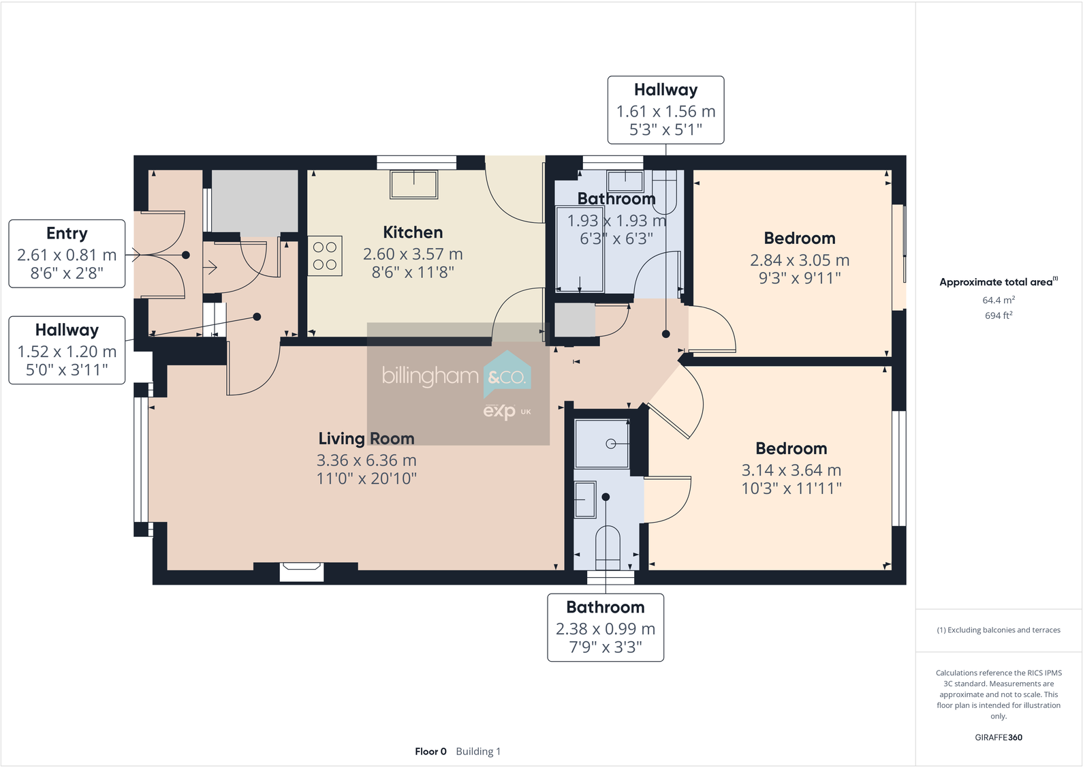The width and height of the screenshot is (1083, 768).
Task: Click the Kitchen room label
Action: [x=413, y=232]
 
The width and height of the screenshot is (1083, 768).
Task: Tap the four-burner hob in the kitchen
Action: [x=325, y=256]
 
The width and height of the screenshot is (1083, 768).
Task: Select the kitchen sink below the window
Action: [x=413, y=184]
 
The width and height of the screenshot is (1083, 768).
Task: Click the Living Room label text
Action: [x=366, y=439]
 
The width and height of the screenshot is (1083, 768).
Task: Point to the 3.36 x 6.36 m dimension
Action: [x=366, y=461]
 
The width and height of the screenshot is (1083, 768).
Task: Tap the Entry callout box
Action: [x=67, y=254]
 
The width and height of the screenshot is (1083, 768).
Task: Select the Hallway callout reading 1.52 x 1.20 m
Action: [x=67, y=350]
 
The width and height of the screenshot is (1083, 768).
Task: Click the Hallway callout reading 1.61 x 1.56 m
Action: [x=665, y=110]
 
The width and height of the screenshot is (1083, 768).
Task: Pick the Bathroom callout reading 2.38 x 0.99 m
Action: [x=605, y=628]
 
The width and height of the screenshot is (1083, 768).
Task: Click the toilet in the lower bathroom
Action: [x=608, y=547]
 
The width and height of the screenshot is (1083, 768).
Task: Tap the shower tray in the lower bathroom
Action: [x=602, y=444]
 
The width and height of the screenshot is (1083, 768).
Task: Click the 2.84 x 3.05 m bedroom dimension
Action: [x=800, y=260]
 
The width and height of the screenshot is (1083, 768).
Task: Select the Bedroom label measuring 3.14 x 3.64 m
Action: [x=791, y=448]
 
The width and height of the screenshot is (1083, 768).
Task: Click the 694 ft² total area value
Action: [x=999, y=316]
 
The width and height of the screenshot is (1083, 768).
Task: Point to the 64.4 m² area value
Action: [x=999, y=300]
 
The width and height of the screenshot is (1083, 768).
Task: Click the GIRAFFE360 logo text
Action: [x=999, y=737]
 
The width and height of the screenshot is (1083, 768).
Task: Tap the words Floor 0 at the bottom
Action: [x=430, y=752]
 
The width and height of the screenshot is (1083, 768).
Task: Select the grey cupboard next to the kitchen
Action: [x=254, y=202]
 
